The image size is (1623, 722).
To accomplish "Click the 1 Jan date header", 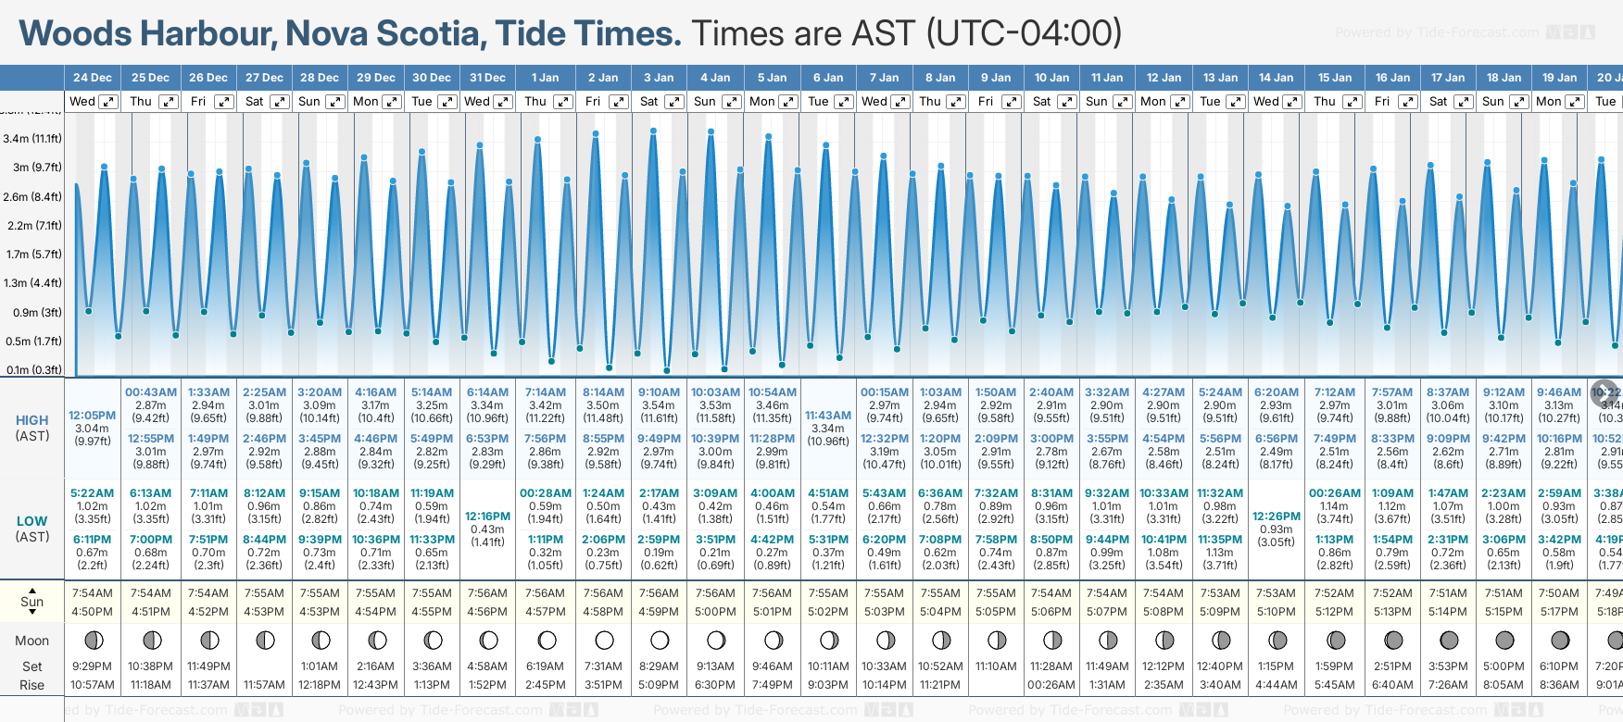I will click(545, 78).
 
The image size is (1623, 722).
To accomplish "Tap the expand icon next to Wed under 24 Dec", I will click(108, 102).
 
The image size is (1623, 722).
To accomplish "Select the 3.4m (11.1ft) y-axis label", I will click(32, 139).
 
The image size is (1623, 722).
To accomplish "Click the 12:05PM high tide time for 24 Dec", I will click(93, 416).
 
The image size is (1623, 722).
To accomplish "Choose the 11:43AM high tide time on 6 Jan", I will click(828, 416).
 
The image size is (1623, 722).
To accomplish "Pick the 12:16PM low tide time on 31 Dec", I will click(487, 517).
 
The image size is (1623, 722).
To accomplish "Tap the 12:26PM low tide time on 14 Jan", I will click(1276, 517).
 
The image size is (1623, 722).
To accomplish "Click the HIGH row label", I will click(32, 420).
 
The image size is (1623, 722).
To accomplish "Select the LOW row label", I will click(32, 521).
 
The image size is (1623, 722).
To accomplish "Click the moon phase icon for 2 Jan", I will click(604, 640).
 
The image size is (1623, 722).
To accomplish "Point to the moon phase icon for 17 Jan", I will click(1449, 640).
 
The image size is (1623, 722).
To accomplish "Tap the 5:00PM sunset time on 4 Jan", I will click(715, 612).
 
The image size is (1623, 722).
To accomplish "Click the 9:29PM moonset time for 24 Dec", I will click(93, 666).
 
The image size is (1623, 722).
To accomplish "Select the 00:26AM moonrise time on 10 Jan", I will click(1051, 685).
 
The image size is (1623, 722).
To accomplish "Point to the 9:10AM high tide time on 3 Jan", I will click(659, 392).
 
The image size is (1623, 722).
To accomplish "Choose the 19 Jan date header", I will click(1561, 78).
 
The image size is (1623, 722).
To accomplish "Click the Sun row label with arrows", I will click(32, 602).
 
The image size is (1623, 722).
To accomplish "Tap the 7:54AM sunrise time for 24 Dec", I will click(93, 593).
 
